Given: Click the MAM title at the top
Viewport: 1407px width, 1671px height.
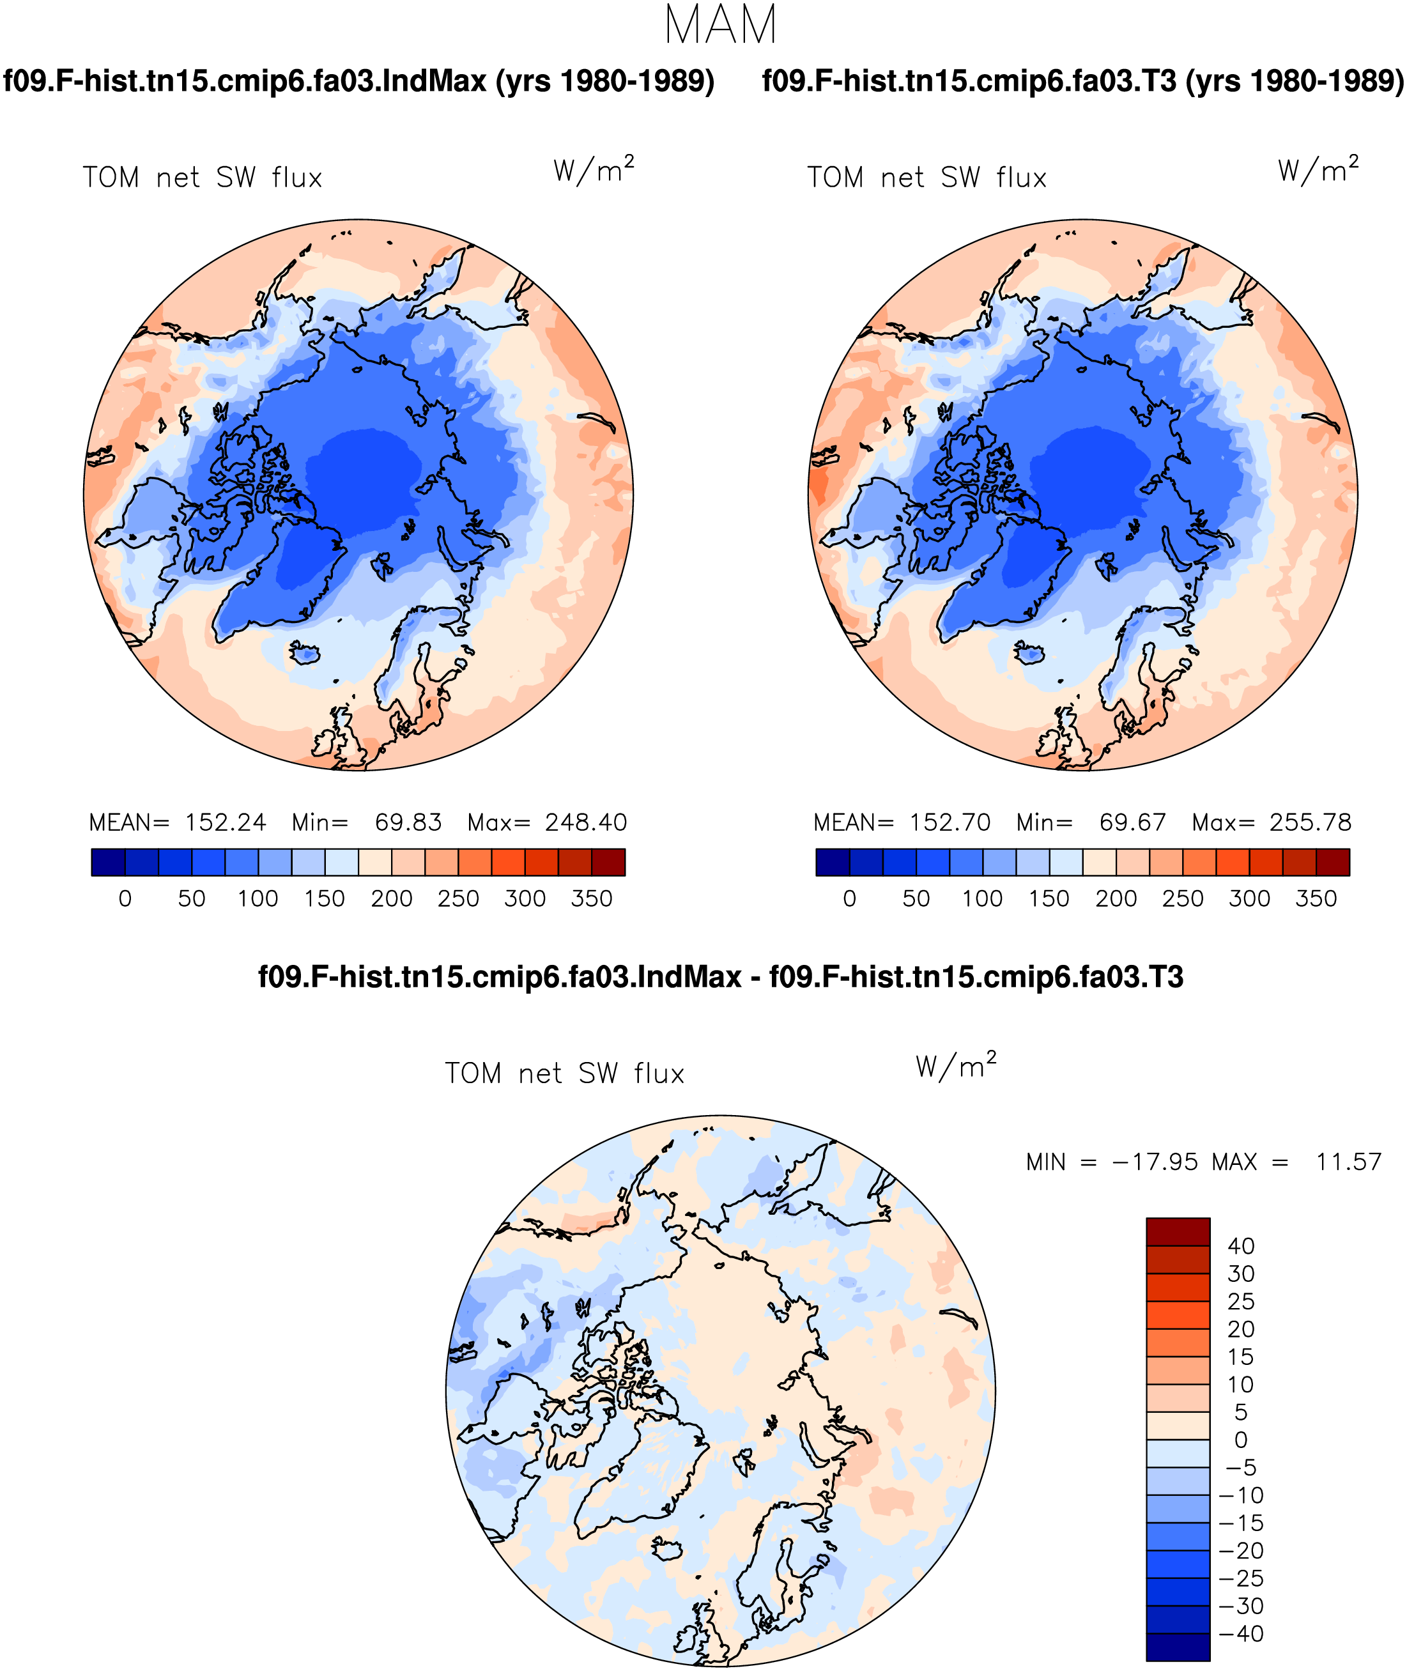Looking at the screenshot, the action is click(x=720, y=25).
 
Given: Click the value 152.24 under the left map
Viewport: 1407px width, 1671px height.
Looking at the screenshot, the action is click(x=226, y=822).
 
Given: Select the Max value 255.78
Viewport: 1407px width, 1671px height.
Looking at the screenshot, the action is click(x=1311, y=822).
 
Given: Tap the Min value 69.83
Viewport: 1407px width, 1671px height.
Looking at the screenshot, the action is click(x=408, y=822).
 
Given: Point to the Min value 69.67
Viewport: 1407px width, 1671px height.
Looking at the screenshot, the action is click(x=1133, y=822).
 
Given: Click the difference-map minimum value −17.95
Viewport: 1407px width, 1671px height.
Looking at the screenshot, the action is click(x=1155, y=1162).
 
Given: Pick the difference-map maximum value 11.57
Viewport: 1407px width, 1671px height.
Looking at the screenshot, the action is click(x=1349, y=1162).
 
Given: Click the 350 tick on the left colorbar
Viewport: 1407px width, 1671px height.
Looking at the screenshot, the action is click(x=592, y=899).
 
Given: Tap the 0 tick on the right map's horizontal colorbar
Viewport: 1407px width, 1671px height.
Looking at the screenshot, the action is click(x=849, y=899).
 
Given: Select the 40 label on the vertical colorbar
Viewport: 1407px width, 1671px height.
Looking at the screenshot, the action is click(x=1241, y=1246).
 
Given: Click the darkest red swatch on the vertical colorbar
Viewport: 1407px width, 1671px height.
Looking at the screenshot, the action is click(x=1178, y=1231).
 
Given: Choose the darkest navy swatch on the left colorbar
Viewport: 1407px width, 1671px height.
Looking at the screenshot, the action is click(x=109, y=862).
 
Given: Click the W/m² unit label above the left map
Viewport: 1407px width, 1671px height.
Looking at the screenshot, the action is click(x=594, y=169).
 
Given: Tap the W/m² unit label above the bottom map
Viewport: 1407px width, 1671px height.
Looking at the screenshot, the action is click(x=957, y=1066).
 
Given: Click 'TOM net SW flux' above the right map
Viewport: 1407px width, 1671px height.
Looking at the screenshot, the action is click(x=927, y=177).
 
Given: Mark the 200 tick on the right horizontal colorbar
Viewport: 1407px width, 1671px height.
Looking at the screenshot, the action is click(x=1116, y=899).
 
